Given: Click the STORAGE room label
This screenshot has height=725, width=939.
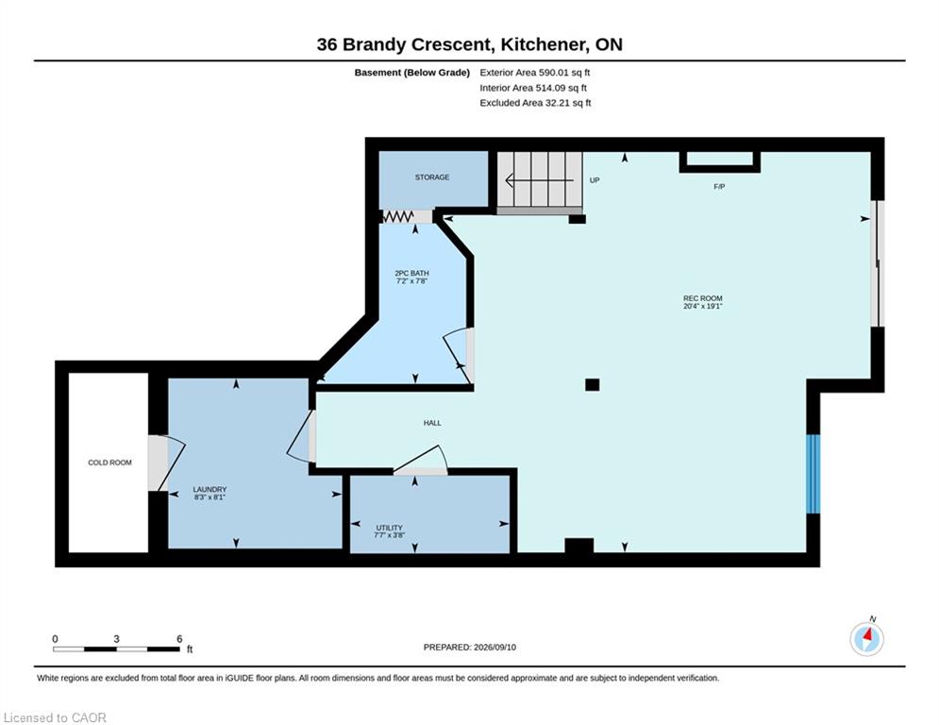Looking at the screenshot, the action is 432,177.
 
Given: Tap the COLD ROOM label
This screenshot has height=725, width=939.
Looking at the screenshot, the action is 109,463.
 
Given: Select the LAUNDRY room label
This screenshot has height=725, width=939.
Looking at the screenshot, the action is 210,490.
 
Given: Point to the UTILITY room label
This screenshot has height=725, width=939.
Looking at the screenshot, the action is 389,528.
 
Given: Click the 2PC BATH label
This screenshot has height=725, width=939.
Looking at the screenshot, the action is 411,273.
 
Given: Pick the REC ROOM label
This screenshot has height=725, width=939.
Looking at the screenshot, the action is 703,298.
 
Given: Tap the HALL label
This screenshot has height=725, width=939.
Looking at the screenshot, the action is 432,423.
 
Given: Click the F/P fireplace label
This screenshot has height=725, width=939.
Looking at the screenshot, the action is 719,187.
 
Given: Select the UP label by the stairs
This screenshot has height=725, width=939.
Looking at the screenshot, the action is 595,180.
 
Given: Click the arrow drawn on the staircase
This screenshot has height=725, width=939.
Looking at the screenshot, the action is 540,179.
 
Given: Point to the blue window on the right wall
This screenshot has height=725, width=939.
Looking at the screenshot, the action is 813,474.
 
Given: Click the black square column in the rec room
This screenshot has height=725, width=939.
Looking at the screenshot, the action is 593,384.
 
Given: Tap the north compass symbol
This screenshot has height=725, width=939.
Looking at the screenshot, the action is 867,639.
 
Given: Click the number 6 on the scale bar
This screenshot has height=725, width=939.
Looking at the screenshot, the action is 179,639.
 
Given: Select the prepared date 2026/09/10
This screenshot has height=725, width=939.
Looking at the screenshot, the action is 495,647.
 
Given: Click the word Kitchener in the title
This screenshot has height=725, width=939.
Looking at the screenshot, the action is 545,44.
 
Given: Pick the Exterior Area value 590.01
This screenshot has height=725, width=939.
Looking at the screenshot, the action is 553,73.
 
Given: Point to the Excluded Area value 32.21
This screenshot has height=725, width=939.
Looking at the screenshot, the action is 557,103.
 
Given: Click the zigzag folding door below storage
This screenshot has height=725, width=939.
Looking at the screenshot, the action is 397,216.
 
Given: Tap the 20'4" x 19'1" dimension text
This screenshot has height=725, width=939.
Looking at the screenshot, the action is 703,306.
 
